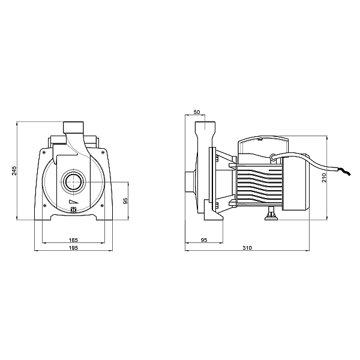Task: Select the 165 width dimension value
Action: click(x=73, y=241)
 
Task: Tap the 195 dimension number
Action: click(x=73, y=248)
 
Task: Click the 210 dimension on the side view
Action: click(x=325, y=177)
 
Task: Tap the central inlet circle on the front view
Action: click(x=73, y=181)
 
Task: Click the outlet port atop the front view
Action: click(x=73, y=127)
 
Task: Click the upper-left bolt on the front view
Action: click(x=44, y=152)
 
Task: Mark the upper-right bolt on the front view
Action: click(x=103, y=152)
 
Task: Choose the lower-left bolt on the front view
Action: click(x=44, y=206)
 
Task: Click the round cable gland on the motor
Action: click(x=273, y=158)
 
